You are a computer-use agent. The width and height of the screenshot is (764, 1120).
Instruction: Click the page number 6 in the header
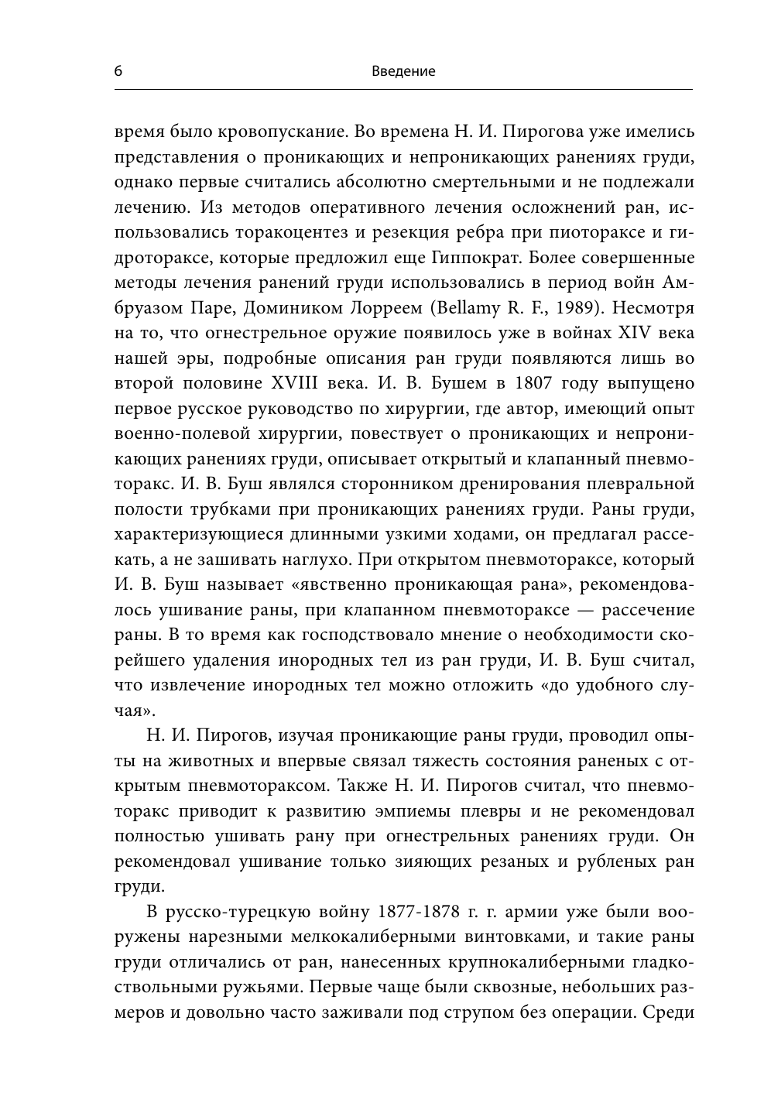click(118, 71)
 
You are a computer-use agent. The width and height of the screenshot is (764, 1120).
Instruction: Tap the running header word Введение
click(403, 71)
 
